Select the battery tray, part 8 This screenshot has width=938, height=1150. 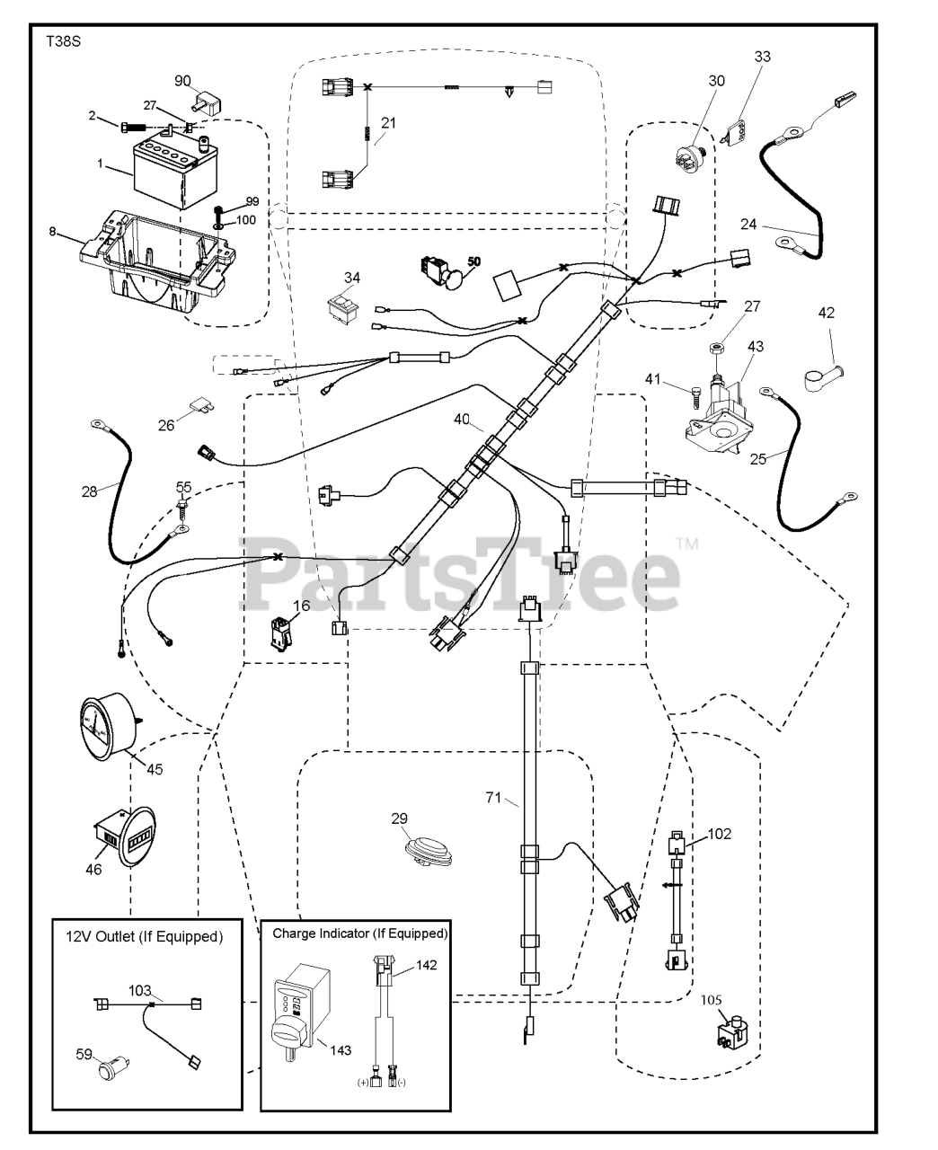[158, 261]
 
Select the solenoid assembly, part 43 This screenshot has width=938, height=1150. [719, 415]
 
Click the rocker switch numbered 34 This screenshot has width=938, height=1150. [344, 309]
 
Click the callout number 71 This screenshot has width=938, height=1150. [493, 798]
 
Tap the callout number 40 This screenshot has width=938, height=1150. [462, 420]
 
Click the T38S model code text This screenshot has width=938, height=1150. [63, 42]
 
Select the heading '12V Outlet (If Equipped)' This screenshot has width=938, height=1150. [145, 937]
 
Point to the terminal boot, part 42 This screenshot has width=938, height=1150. [822, 379]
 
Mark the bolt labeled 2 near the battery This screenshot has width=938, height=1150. [132, 127]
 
